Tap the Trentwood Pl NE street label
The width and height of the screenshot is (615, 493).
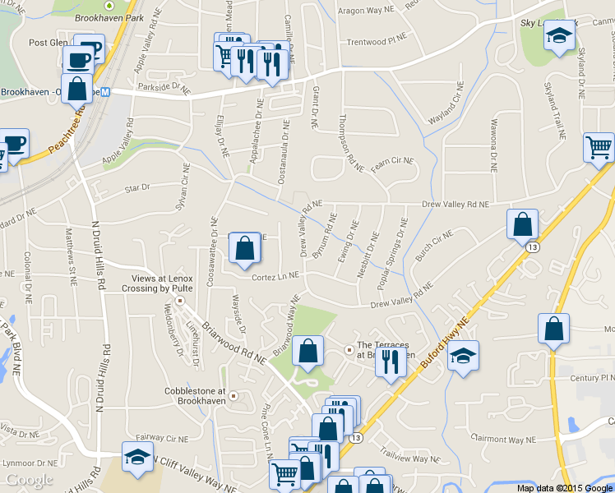point(377,41)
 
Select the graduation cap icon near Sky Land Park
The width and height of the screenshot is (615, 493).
point(560,36)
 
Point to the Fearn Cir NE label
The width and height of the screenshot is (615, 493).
point(391,161)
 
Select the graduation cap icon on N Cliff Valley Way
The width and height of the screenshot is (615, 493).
point(137,458)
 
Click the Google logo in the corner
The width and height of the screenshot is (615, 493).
point(29,480)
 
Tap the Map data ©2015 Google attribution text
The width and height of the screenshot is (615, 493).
point(564,487)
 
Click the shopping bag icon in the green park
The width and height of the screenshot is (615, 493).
point(307,351)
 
